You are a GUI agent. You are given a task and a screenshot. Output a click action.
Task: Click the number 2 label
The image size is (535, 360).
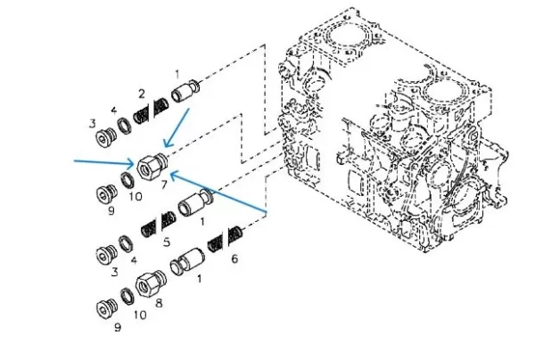click(x=142, y=93)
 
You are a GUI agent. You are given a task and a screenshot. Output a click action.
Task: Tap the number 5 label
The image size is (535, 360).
click(x=167, y=241)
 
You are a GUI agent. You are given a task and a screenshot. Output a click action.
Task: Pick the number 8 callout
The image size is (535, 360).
click(x=160, y=302)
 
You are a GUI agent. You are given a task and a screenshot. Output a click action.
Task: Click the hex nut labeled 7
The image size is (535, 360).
click(x=150, y=164)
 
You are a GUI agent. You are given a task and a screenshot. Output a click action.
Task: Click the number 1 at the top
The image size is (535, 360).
click(x=177, y=73)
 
